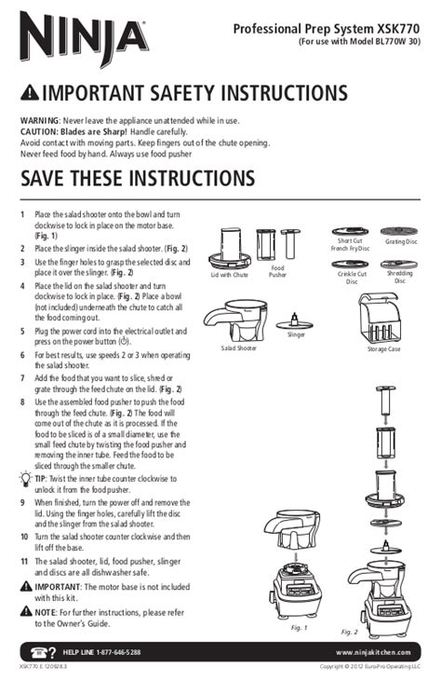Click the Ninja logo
pyautogui.click(x=85, y=38)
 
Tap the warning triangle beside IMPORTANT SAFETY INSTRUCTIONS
pyautogui.click(x=30, y=92)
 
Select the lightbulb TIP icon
pyautogui.click(x=26, y=479)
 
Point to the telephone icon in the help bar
pyautogui.click(x=39, y=652)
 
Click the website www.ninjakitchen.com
pyautogui.click(x=373, y=652)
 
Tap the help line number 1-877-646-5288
pyautogui.click(x=118, y=652)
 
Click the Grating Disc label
pyautogui.click(x=401, y=241)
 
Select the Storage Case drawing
pyautogui.click(x=379, y=319)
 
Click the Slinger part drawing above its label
pyautogui.click(x=295, y=322)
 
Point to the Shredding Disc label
pyautogui.click(x=400, y=277)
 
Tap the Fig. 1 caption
pyautogui.click(x=299, y=628)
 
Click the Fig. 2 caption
pyautogui.click(x=349, y=632)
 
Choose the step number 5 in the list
pyautogui.click(x=22, y=332)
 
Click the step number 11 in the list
pyautogui.click(x=24, y=562)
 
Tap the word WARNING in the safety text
pyautogui.click(x=39, y=121)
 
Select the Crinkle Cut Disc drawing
pyautogui.click(x=350, y=265)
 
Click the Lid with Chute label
pyautogui.click(x=230, y=275)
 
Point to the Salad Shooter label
pyautogui.click(x=238, y=348)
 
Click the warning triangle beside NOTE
pyautogui.click(x=26, y=611)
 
